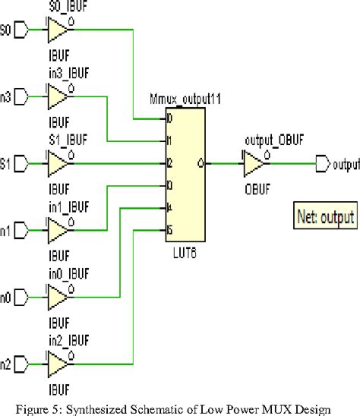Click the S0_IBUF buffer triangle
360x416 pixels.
(x=57, y=31)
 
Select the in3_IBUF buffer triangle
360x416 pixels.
(x=57, y=97)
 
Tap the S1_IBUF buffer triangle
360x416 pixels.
(x=57, y=162)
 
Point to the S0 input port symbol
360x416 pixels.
(x=23, y=31)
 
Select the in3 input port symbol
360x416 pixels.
(x=23, y=97)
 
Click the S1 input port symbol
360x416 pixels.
(x=23, y=162)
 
